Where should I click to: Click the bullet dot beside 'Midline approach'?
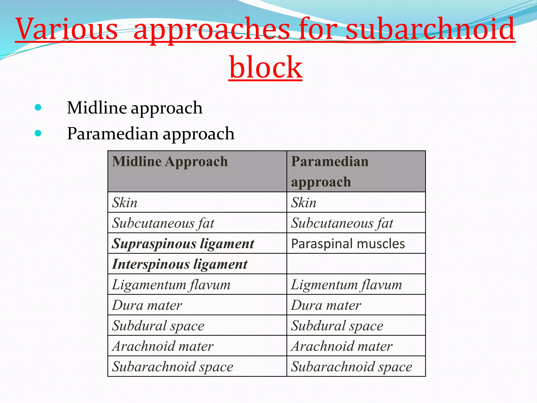pos(38,107)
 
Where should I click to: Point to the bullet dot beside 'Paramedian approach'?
pos(38,133)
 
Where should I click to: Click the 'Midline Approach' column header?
pos(170,161)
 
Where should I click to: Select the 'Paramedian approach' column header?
pos(330,171)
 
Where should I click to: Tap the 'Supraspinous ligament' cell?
pos(183,243)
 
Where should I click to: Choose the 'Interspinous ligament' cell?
pos(180,264)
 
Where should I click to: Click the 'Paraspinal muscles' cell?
pos(348,243)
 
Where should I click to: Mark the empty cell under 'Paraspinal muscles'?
pos(356,264)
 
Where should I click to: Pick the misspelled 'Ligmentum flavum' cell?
pos(346,285)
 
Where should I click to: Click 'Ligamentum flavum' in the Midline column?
pos(171,285)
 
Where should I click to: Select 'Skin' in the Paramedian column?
pos(304,203)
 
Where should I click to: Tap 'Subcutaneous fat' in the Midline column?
pos(163,223)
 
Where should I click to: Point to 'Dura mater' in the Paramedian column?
pos(326,305)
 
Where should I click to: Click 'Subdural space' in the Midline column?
pos(158,326)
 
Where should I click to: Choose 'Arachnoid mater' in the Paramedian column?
pos(342,346)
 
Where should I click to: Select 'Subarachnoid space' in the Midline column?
pos(173,367)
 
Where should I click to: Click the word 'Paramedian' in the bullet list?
pos(113,133)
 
